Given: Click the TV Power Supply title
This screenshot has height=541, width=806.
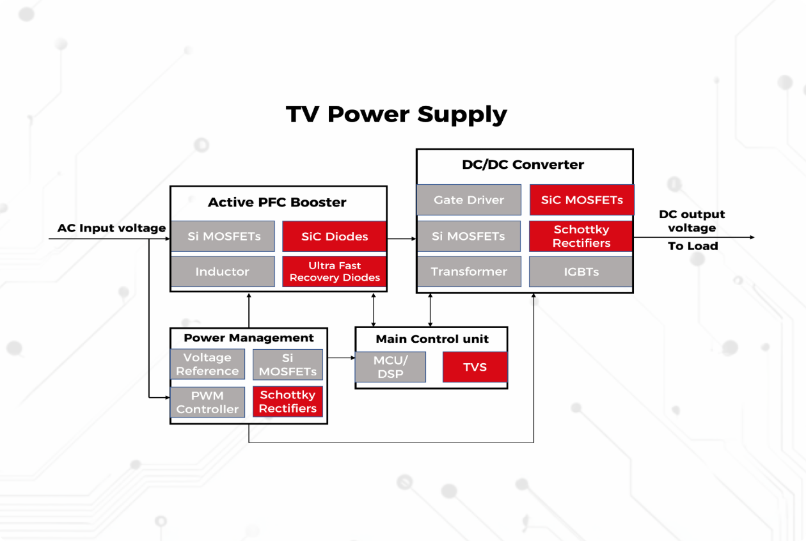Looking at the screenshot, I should pos(396,114).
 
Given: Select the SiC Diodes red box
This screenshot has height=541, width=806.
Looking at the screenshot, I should pos(335,237).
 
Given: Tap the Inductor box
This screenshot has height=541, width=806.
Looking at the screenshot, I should pos(223,272).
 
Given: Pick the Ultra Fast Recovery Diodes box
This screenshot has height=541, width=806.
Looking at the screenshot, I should pos(335,272).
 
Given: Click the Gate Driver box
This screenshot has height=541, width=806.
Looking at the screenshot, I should pos(469,200).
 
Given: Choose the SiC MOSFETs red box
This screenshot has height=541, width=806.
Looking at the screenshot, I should pos(581,200).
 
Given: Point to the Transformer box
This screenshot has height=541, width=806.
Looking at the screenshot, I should pos(469,272).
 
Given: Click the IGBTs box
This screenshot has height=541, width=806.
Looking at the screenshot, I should pos(581,272).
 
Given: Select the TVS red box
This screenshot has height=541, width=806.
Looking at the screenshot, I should pos(475,367).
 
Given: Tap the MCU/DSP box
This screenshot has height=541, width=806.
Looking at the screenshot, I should pos(390,367).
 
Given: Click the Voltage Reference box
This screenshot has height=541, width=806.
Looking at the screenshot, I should pos(207,365).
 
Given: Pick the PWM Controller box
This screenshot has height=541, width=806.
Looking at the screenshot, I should pos(207,402).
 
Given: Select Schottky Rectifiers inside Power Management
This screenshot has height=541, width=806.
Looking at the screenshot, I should pos(288,402).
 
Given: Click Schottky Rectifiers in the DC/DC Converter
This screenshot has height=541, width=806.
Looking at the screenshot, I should pos(581,236).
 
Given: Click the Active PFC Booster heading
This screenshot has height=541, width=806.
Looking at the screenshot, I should pos(277,203).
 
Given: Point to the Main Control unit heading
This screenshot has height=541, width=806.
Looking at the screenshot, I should pos(432,339).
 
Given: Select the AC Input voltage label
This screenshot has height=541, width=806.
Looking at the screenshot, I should pos(111,228).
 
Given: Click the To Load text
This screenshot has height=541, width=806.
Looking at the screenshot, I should pos(693,246).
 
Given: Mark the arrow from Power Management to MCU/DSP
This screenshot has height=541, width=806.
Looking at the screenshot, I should pos(341,358).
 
